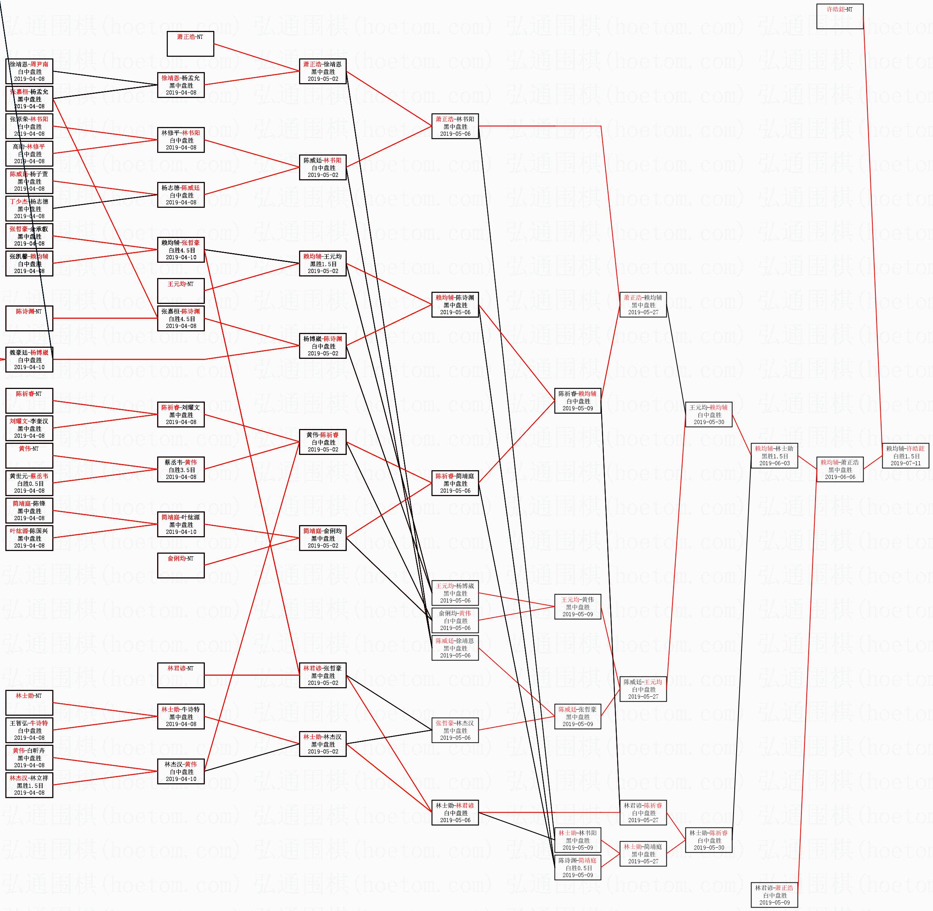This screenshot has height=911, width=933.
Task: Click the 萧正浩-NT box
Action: (x=190, y=43)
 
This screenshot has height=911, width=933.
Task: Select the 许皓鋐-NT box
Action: (x=840, y=16)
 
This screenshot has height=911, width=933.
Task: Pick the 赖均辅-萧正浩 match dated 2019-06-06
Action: (x=840, y=469)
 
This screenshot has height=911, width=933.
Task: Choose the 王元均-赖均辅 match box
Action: (x=708, y=415)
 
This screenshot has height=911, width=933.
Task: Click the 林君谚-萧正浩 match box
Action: (x=774, y=895)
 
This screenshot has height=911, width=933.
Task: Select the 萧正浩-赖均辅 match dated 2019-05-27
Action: (x=643, y=305)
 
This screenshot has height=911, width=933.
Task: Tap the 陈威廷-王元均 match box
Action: (x=643, y=689)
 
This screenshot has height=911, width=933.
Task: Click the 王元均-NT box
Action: (x=180, y=291)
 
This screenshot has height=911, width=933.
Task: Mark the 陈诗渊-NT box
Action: (x=29, y=318)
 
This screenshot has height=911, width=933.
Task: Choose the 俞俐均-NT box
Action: (x=180, y=565)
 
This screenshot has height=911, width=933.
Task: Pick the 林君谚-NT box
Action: (x=180, y=675)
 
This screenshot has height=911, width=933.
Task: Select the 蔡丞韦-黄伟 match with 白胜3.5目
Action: (x=180, y=469)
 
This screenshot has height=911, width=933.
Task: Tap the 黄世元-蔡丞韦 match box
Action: (x=29, y=483)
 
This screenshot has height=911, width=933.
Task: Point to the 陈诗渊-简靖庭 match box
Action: (x=577, y=868)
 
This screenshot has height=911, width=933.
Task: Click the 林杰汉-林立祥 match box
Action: (x=29, y=785)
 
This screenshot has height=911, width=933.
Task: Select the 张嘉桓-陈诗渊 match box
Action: (x=180, y=318)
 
